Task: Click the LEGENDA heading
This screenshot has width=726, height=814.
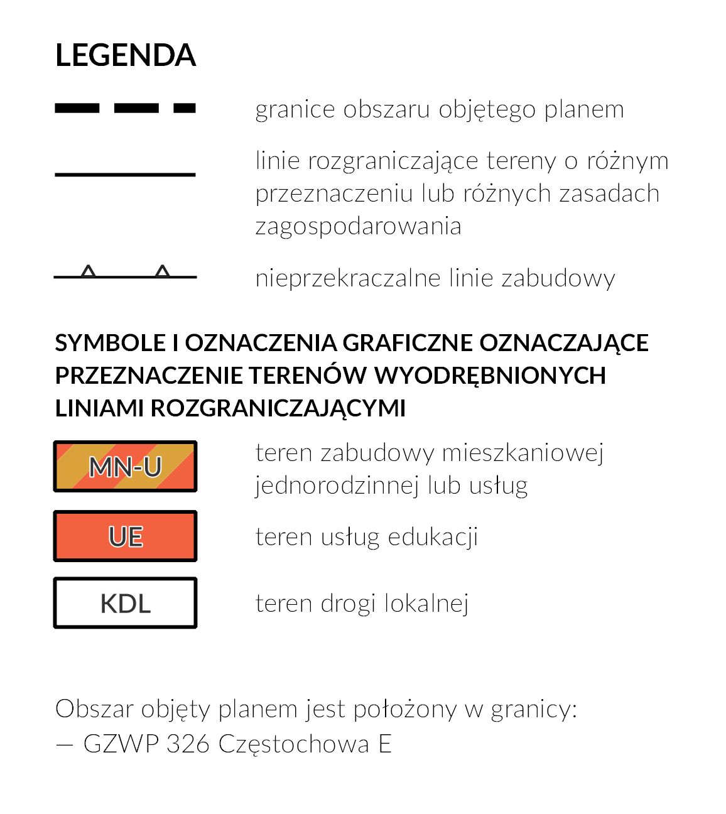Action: [126, 55]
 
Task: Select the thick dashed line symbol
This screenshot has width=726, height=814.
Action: [126, 109]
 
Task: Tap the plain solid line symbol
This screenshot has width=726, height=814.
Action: [126, 174]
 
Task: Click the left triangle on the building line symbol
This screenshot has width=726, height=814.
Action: [89, 272]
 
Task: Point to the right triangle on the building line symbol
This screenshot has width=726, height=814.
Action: [163, 272]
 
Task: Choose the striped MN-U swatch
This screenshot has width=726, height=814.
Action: [126, 467]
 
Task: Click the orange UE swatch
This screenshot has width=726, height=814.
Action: [126, 536]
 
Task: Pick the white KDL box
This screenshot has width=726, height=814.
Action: [126, 603]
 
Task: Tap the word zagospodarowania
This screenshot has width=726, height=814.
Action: [358, 226]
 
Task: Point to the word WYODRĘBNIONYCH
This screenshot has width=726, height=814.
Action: [490, 376]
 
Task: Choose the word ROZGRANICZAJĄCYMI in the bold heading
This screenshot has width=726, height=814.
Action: [278, 408]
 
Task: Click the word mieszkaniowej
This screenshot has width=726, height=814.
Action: [523, 453]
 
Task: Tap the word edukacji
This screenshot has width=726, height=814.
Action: [433, 538]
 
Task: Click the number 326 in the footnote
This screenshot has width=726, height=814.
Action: [188, 744]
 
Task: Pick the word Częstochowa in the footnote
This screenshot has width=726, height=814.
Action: [293, 745]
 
